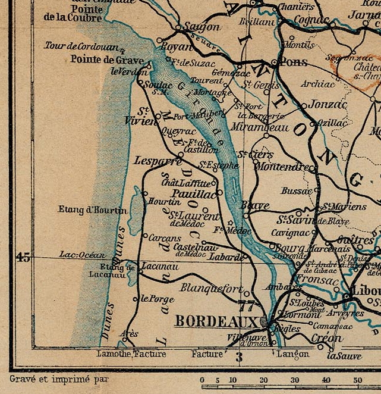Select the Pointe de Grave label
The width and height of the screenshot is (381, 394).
106,59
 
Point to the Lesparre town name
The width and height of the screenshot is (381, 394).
158,161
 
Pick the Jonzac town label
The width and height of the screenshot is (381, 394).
328,104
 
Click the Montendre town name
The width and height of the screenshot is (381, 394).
282,167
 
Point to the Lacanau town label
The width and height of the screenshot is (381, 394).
160,266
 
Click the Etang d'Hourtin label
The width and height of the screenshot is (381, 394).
92,209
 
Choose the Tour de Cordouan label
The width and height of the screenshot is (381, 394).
81,45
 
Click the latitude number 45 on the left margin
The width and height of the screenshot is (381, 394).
23,257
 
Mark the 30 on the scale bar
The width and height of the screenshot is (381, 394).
294,380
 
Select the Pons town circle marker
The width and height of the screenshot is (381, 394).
273,62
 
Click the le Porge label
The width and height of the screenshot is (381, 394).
158,299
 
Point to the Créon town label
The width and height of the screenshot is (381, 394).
327,339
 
